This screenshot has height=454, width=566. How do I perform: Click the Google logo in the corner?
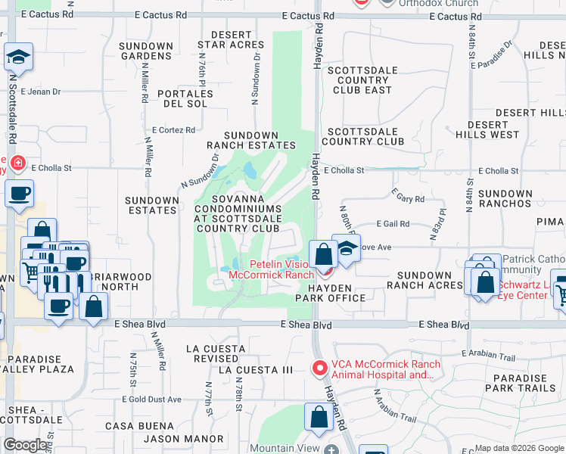[25, 445]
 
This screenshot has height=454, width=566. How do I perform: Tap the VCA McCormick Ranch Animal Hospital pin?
[319, 369]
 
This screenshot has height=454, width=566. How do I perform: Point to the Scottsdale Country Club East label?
[359, 80]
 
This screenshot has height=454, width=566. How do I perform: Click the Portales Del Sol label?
[185, 98]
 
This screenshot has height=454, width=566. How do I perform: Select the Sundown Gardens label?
[146, 51]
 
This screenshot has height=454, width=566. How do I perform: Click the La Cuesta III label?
[255, 370]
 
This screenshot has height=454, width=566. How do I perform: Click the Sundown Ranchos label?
[505, 199]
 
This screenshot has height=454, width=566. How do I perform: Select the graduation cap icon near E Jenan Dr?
[18, 58]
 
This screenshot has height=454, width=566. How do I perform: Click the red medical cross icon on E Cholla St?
[17, 163]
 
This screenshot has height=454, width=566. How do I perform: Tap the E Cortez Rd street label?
[173, 130]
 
